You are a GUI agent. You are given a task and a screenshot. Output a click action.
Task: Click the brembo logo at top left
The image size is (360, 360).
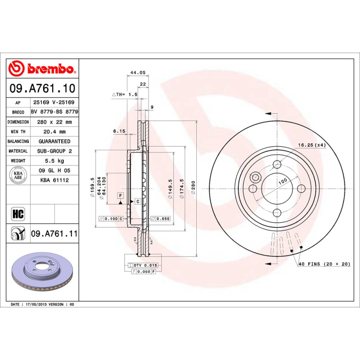click(41, 69)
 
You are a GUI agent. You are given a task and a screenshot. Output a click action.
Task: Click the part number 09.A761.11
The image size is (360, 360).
click(54, 234)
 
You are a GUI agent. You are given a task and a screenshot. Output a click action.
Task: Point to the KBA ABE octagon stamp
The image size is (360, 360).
click(18, 175)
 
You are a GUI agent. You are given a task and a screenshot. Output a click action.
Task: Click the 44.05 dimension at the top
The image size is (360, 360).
click(137, 72)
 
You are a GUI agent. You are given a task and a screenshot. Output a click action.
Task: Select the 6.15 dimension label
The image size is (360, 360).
click(118, 131)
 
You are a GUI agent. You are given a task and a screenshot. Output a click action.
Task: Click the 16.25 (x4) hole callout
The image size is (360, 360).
click(311, 145)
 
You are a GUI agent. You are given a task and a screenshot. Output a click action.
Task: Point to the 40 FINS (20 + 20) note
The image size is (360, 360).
click(324, 264)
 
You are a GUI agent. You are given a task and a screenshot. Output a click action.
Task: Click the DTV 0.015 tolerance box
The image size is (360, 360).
click(143, 266)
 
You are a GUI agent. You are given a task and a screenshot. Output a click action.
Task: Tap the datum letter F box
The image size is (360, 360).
click(121, 195)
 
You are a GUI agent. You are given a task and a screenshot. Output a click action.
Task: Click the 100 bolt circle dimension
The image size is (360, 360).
click(282, 181)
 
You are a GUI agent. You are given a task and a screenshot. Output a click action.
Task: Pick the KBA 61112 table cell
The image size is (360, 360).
click(54, 180)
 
